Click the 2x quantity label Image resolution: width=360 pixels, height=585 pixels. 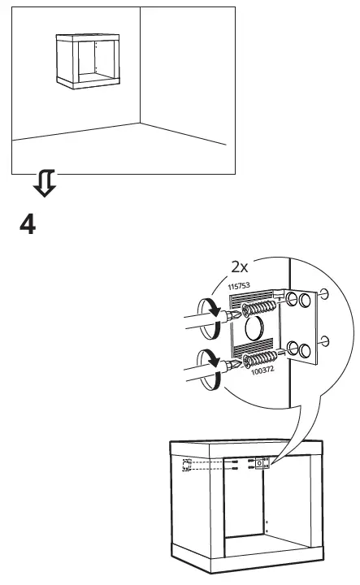coord(241,266)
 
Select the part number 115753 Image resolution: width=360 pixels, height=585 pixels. coord(237,287)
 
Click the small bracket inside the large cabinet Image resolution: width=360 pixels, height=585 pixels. coord(262,463)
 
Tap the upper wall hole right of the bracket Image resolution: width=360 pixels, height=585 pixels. coord(325,294)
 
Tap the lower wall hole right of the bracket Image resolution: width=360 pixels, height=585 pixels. coord(325,340)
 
